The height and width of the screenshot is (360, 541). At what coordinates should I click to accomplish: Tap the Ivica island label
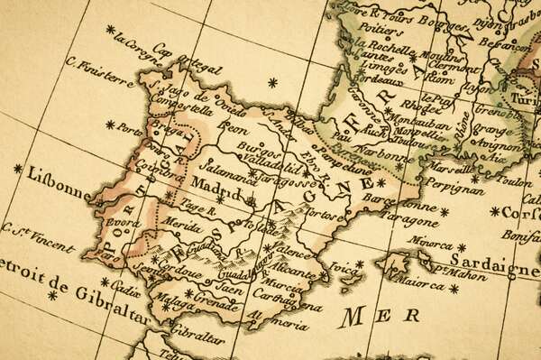pyautogui.click(x=344, y=267)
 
